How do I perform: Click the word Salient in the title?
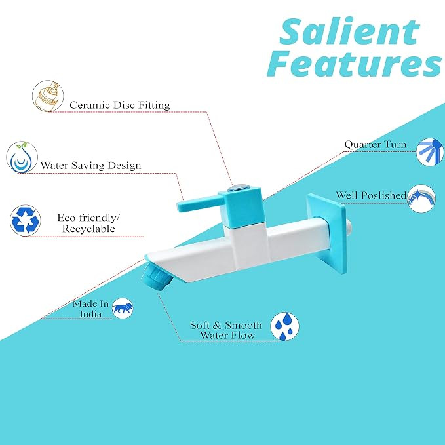point(349,31)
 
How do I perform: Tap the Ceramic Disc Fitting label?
point(120,106)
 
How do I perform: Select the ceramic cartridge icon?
point(48,96)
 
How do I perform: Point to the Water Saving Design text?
point(90,165)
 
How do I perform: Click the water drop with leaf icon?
point(22,157)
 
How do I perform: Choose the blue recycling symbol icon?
point(26,220)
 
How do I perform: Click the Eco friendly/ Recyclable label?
point(88,223)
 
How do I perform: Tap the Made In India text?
point(90,309)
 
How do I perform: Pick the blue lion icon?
point(123,308)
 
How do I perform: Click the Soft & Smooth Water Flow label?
point(226,330)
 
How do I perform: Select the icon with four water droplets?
point(284,326)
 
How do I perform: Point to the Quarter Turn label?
point(375,144)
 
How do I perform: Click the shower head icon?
point(430,152)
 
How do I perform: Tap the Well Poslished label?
point(371,195)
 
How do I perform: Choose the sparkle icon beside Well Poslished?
point(421,199)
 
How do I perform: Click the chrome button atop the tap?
point(239,187)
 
